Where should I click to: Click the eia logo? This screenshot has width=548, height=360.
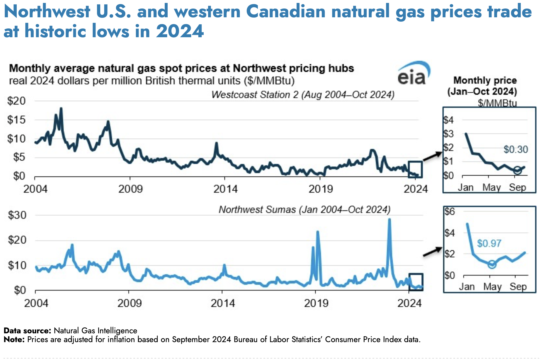tap(413, 74)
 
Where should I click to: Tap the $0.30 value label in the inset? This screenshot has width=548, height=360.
tap(515, 150)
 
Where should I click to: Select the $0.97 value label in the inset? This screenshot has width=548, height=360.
tap(489, 243)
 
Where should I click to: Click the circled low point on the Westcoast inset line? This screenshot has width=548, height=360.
tap(517, 170)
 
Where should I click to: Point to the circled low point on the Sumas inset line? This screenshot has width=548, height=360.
tap(492, 264)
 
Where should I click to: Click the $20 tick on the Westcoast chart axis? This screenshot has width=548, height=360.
tap(16, 101)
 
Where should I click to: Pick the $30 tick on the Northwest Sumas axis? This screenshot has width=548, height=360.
tap(17, 215)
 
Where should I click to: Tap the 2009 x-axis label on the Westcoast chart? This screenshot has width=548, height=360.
tap(130, 189)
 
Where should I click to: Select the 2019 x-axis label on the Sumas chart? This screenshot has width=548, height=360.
tap(316, 303)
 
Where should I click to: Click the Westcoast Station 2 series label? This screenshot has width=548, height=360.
tap(303, 95)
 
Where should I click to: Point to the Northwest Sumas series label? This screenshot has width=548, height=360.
tap(304, 210)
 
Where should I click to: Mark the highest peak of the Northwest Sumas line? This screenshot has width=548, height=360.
tap(389, 219)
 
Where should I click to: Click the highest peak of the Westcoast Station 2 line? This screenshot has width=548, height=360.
tap(61, 108)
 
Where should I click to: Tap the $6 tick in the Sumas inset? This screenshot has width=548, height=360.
tap(450, 211)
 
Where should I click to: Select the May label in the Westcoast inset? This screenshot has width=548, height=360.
tap(491, 187)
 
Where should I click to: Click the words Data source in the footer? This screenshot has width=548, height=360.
tap(28, 331)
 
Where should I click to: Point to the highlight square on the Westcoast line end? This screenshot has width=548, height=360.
tap(415, 169)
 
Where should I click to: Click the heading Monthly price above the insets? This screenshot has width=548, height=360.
tap(485, 80)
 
